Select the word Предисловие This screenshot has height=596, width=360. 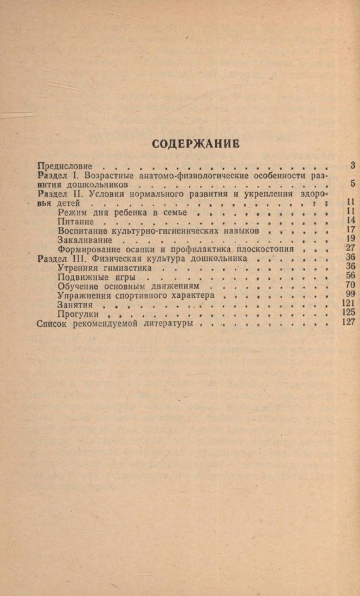point(65,166)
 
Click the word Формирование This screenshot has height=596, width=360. point(86,249)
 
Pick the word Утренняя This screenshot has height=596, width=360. point(78,268)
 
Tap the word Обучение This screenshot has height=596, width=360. point(78,286)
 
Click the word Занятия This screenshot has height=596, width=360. point(75,304)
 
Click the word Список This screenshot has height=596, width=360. point(52,323)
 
